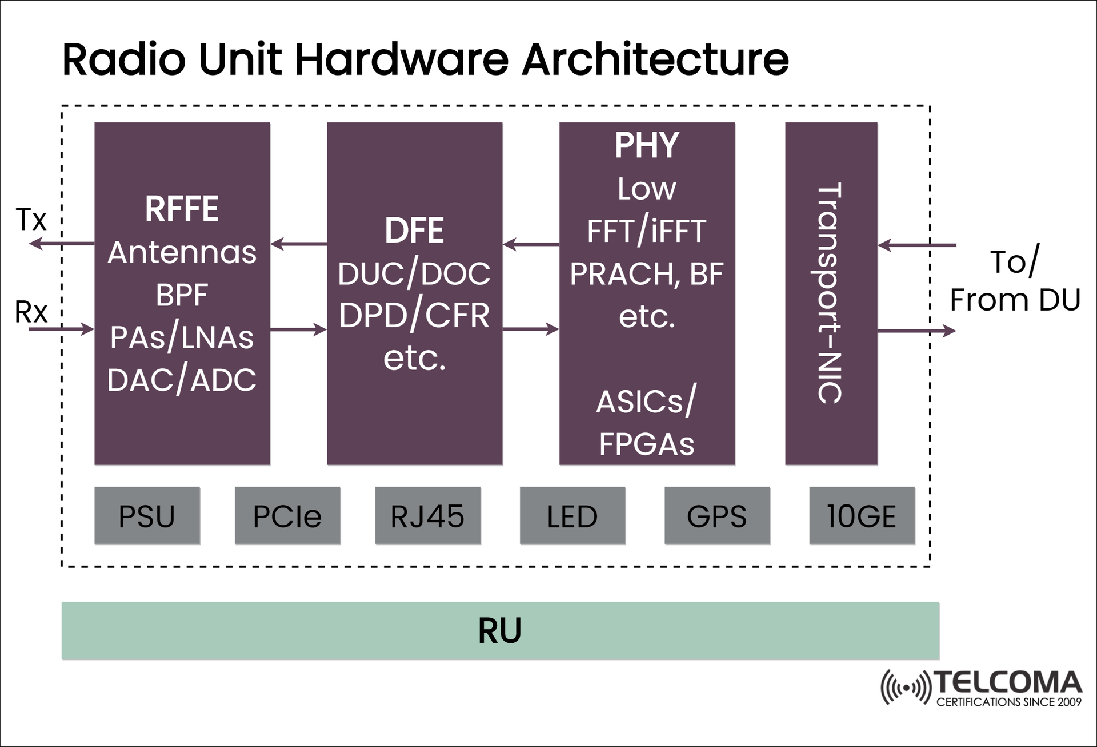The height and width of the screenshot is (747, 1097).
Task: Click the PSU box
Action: (147, 515)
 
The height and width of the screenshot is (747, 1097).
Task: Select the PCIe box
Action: (287, 515)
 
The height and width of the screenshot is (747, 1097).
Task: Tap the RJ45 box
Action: (427, 515)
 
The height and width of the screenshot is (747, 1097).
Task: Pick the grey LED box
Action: (572, 515)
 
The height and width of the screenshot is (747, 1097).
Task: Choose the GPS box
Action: (717, 515)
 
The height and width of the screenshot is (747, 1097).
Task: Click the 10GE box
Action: (862, 515)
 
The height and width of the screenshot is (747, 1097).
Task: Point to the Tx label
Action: (31, 220)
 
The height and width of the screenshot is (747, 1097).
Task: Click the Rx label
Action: (31, 312)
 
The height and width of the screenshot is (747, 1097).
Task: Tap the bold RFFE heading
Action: (182, 209)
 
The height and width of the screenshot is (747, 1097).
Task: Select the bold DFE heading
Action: (414, 231)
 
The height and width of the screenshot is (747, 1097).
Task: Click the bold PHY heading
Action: (647, 145)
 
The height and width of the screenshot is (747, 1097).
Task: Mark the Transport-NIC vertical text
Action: (830, 293)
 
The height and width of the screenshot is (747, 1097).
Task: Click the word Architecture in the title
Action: (655, 59)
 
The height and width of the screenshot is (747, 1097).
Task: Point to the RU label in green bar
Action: (500, 631)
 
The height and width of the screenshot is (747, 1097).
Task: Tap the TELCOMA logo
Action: (981, 688)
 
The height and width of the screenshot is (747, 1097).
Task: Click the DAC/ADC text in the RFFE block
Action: (182, 380)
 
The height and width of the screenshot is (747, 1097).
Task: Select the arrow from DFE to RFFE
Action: (298, 244)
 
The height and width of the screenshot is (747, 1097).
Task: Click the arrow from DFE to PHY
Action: (531, 329)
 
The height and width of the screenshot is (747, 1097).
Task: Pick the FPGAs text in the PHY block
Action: (647, 444)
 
